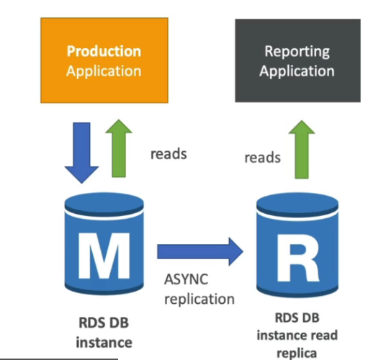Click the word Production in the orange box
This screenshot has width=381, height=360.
104,51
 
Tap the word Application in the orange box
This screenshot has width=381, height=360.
104,71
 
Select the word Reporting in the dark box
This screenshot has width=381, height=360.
297,51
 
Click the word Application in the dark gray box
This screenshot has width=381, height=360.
297,71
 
